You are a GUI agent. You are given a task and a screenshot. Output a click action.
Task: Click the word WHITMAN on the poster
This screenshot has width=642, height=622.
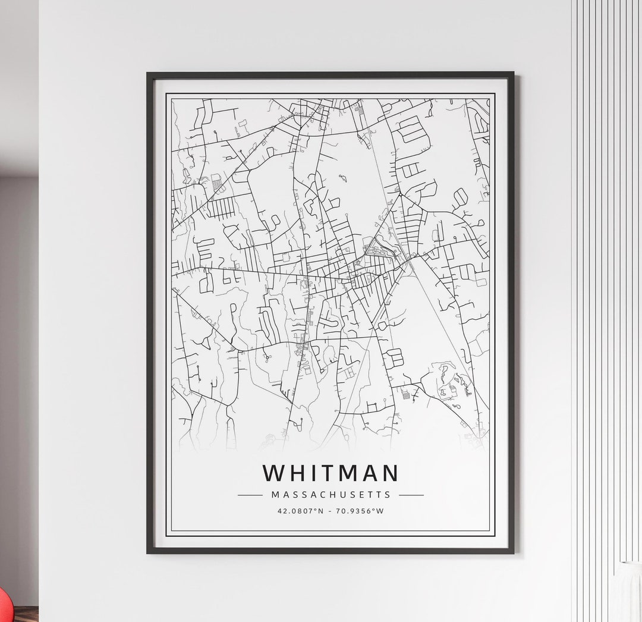331,473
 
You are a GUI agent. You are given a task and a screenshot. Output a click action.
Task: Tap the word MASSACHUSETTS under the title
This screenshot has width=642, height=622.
331,494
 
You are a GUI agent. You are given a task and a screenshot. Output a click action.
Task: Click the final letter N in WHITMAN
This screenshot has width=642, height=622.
389,473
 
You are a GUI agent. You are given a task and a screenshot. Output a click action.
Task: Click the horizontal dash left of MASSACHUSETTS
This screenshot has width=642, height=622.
250,495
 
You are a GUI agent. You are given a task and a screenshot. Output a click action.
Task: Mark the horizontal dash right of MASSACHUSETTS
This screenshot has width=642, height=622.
411,495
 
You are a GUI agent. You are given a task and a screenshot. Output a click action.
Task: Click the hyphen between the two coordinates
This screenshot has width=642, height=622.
330,511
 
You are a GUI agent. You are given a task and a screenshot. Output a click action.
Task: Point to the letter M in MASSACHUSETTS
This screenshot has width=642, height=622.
275,494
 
